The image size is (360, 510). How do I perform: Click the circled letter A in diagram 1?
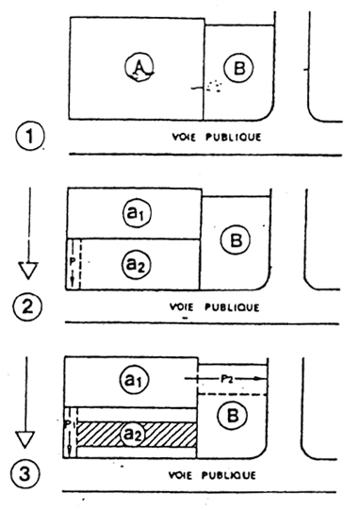[x=139, y=68]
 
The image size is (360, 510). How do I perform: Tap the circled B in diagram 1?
[x=238, y=68]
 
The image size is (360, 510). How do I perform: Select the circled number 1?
[x=29, y=136]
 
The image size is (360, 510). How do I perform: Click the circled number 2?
[x=27, y=306]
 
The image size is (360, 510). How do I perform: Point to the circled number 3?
[x=25, y=474]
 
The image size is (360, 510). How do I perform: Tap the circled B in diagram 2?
[x=236, y=240]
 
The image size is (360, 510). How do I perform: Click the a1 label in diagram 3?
[x=134, y=380]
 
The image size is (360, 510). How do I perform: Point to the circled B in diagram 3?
[x=232, y=416]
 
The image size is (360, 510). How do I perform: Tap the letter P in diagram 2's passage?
[x=73, y=261]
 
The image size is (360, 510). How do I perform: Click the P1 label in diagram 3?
[x=70, y=424]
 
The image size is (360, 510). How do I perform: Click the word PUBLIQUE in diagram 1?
[x=233, y=138]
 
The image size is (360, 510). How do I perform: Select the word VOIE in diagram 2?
[x=182, y=307]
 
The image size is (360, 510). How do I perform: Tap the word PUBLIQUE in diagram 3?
[x=229, y=475]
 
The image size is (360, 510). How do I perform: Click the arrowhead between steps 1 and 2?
[x=28, y=271]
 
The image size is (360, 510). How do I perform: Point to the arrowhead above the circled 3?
[x=25, y=439]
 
